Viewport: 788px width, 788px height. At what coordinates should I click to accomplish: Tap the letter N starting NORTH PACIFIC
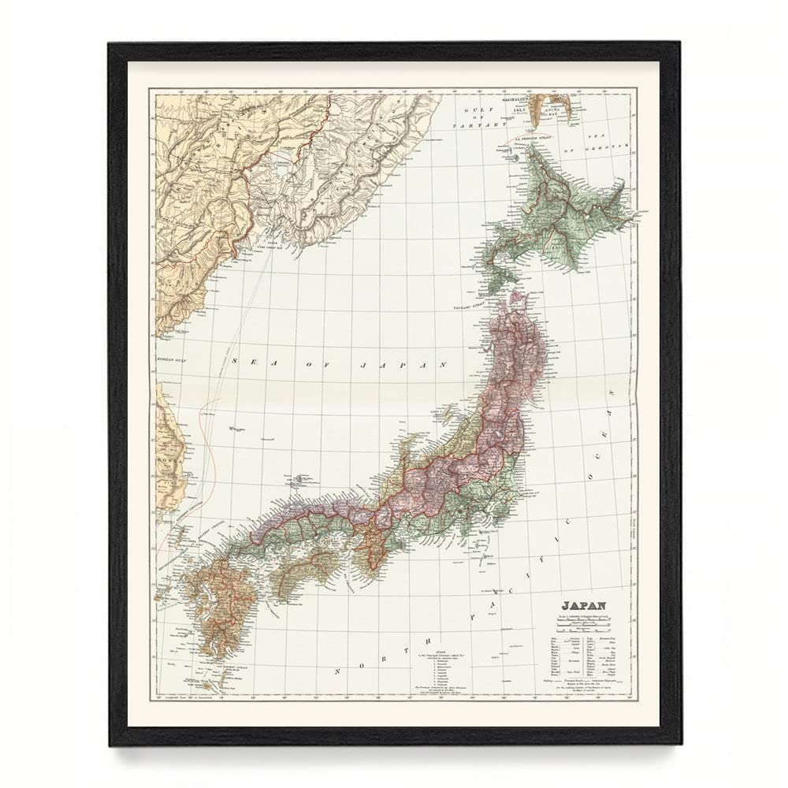click(337, 672)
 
